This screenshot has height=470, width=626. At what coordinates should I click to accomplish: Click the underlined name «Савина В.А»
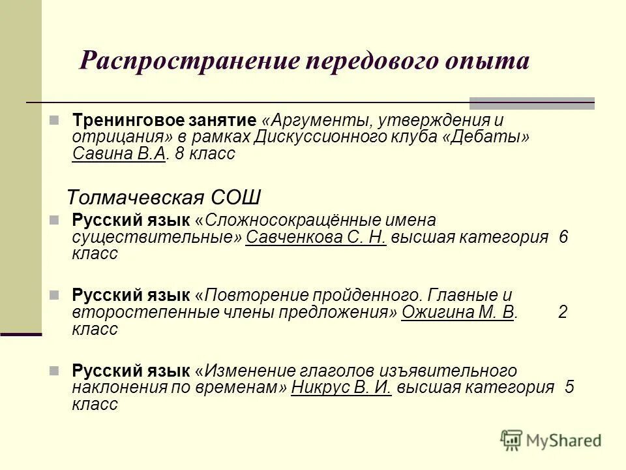point(119,154)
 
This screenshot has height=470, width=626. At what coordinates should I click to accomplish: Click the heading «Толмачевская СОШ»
point(164,196)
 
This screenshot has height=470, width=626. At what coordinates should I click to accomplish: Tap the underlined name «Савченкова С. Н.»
point(316,237)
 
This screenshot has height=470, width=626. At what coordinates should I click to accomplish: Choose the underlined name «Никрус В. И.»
point(341,387)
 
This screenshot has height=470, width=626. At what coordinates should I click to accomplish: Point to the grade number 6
point(563,237)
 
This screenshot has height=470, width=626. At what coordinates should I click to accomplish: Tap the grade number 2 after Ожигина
point(563,312)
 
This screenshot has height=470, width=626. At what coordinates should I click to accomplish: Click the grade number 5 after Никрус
point(569,387)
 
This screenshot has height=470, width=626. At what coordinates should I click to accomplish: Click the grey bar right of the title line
point(532,102)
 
